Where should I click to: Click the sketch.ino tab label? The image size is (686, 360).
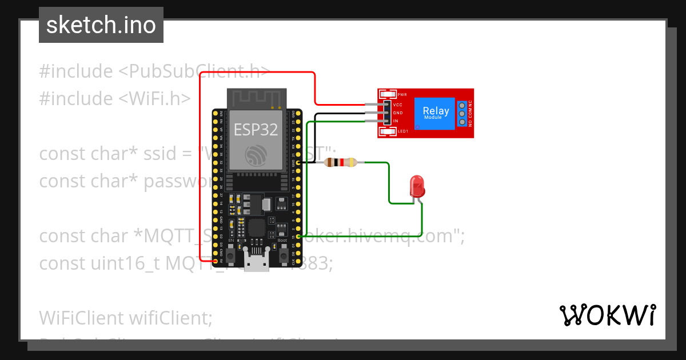coord(101,25)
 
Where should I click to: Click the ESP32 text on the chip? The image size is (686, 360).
coord(256,130)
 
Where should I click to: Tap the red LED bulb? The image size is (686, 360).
coord(417,186)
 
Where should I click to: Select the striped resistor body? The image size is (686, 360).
coord(341,163)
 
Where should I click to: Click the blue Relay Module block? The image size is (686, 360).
coord(436,113)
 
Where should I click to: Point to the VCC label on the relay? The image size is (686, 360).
coord(398,105)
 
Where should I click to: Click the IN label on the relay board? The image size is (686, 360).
coord(395,121)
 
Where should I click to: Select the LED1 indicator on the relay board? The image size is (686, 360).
coord(389,132)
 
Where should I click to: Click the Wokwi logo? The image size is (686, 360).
coord(607,315)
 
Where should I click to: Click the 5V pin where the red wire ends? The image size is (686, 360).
coord(215,261)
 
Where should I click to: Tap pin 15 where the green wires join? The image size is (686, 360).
coord(298,237)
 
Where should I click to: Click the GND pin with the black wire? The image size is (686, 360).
coord(298,163)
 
